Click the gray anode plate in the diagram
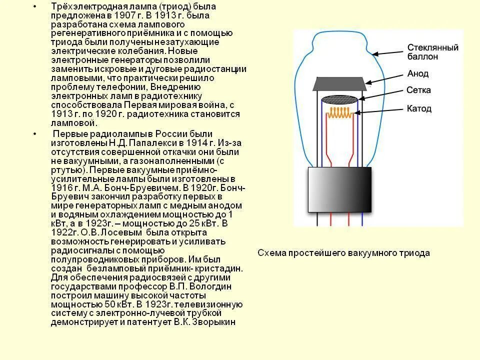(x=338, y=83)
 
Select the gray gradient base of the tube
(x=339, y=189)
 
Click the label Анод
(x=418, y=74)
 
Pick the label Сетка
(x=418, y=90)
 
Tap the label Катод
(x=419, y=108)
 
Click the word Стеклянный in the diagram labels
(x=432, y=48)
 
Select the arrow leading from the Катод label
(x=379, y=111)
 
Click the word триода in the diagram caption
(x=415, y=253)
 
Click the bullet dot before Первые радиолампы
(x=34, y=134)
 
